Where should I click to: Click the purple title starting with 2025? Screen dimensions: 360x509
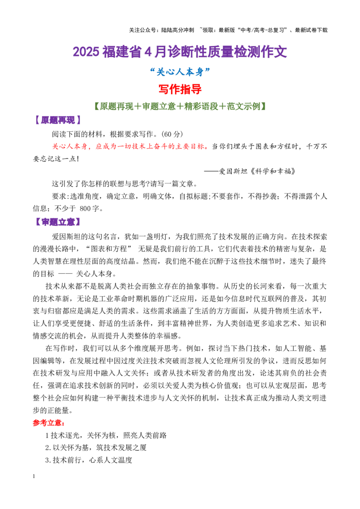[x=180, y=52]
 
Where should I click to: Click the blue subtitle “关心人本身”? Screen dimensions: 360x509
[x=180, y=72]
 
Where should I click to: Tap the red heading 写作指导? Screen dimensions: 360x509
[x=180, y=89]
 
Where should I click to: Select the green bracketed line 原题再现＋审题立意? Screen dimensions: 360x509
[x=180, y=107]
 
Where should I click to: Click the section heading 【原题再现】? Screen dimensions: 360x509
[x=58, y=121]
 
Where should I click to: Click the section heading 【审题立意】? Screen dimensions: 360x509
[x=58, y=223]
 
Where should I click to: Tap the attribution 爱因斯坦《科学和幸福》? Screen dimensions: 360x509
[x=256, y=171]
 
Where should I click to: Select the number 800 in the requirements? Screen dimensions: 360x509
[x=85, y=209]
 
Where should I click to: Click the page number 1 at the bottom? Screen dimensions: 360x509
[x=34, y=476]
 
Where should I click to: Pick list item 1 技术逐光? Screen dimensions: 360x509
[x=106, y=435]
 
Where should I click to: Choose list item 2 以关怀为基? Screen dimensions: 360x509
[x=96, y=448]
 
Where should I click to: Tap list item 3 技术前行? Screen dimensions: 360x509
[x=89, y=460]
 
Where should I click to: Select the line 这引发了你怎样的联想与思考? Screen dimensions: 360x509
[x=125, y=184]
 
